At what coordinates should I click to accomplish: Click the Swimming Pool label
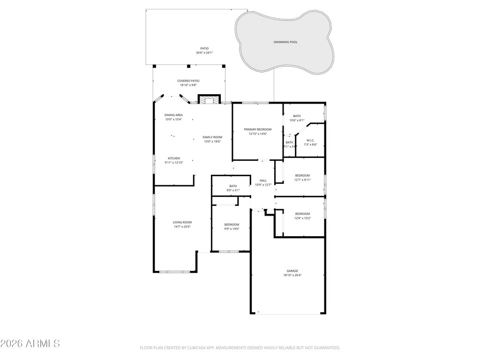285,42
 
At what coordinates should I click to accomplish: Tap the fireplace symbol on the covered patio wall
209,99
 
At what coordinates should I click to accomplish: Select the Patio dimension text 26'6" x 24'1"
204,52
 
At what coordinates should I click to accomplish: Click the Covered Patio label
188,81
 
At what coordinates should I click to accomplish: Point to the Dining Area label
173,115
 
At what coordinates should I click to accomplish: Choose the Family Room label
212,137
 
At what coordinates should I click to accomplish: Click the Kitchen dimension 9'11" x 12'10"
173,163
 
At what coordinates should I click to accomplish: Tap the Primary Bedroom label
257,129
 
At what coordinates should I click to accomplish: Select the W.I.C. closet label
310,140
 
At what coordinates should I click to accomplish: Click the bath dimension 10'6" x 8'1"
297,120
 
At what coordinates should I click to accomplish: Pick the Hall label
263,180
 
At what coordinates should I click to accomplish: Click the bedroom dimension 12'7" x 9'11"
302,180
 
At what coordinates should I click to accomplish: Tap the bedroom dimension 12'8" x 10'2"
302,218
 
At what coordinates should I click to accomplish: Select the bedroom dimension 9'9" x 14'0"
232,229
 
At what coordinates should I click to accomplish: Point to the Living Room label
182,222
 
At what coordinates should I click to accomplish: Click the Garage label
292,270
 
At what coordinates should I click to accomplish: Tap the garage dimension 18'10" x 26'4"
292,275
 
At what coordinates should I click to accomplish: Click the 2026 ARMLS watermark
30,344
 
